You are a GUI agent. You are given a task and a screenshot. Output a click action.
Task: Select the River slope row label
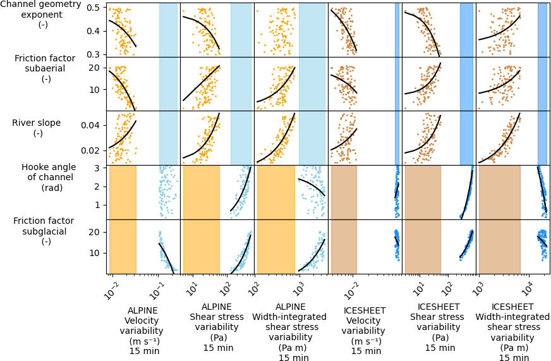pos(37,128)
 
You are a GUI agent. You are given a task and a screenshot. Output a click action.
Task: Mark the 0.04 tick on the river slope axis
pos(94,125)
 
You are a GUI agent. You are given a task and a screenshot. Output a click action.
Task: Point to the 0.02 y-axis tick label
pos(94,150)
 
